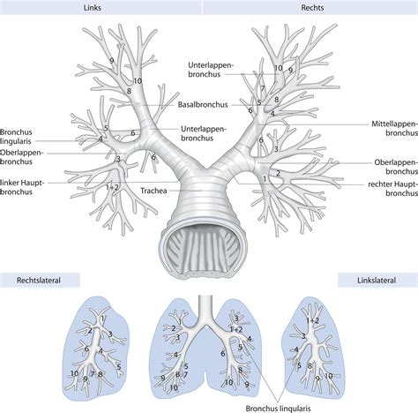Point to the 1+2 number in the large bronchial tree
point(111,187)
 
